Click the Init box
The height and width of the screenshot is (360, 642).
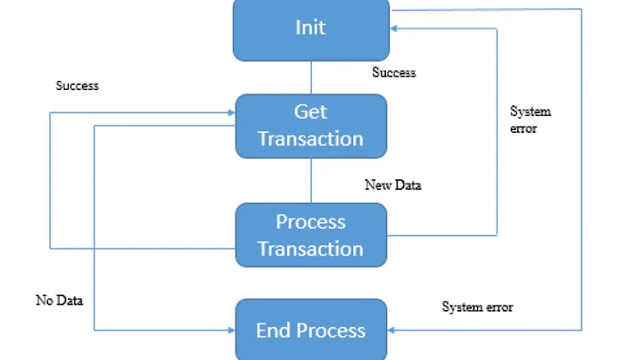click(310, 29)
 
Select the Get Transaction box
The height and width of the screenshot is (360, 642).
click(310, 126)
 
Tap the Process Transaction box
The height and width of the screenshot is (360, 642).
click(310, 235)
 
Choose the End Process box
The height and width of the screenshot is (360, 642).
click(310, 330)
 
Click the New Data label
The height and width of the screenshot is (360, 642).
click(392, 185)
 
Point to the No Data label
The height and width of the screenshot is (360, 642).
click(59, 300)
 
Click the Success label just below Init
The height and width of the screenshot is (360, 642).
click(393, 72)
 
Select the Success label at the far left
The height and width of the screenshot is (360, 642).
click(77, 86)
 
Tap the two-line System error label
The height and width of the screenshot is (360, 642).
click(530, 119)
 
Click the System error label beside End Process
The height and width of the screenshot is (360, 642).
click(477, 307)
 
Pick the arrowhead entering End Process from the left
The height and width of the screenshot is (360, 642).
click(229, 330)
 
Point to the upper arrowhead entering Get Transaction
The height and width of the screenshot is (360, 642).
click(229, 113)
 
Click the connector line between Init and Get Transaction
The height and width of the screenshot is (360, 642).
click(310, 78)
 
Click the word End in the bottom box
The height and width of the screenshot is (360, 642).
click(272, 331)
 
